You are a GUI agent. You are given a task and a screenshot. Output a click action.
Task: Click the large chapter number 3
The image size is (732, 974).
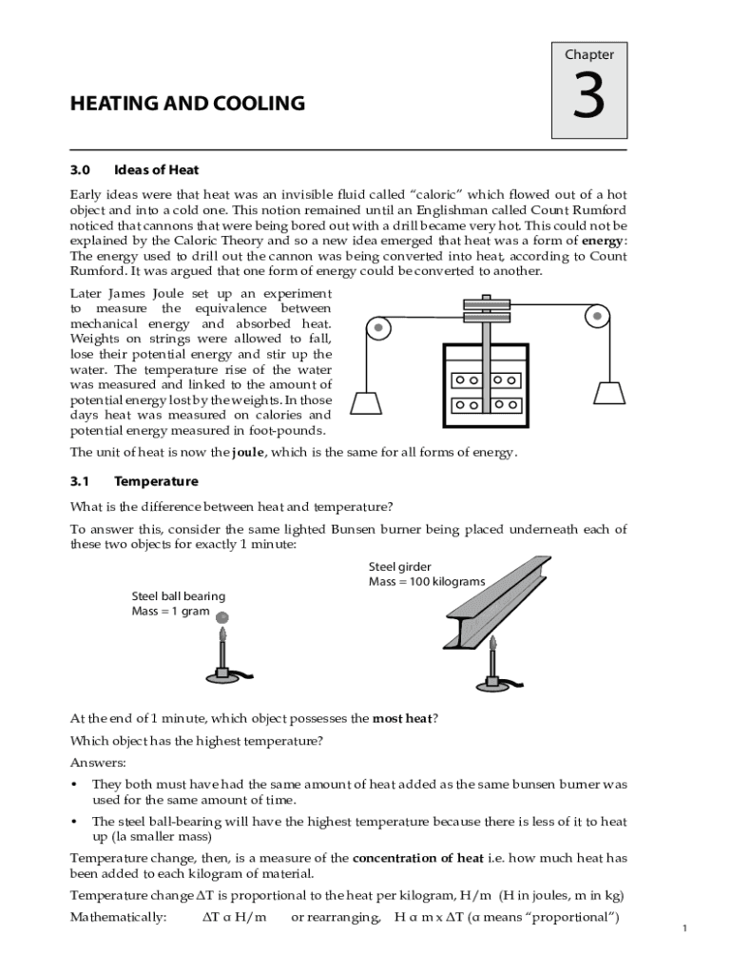click(x=589, y=99)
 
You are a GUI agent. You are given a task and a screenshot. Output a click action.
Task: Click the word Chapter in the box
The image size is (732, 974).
click(x=589, y=54)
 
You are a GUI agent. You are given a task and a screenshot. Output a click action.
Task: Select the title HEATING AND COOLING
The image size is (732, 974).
click(x=187, y=104)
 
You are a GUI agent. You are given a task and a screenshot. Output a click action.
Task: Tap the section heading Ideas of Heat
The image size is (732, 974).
click(x=156, y=170)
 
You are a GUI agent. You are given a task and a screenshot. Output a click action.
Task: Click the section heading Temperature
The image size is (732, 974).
click(x=156, y=481)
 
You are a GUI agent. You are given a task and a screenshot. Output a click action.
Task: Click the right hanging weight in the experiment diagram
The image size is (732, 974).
click(x=608, y=393)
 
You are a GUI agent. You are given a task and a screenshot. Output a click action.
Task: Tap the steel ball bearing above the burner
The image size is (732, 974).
click(x=223, y=618)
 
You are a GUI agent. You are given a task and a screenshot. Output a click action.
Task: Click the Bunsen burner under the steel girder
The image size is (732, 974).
click(x=491, y=666)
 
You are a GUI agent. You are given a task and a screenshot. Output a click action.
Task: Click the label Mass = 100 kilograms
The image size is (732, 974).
click(x=427, y=581)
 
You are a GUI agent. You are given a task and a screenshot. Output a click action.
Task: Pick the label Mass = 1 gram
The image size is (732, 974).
click(x=170, y=612)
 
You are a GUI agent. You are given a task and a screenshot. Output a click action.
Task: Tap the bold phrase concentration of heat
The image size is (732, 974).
click(x=417, y=858)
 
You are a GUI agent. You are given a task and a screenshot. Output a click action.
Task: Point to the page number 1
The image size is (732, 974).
click(x=684, y=928)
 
